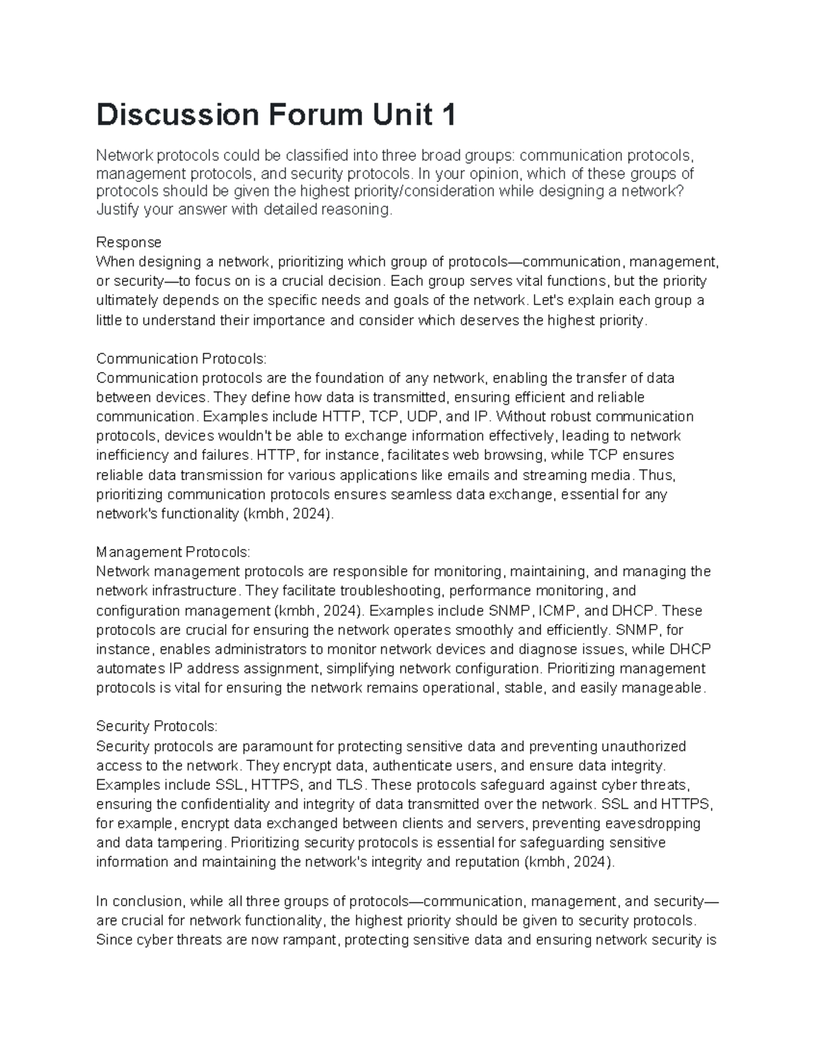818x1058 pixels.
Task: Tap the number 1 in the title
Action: (x=448, y=115)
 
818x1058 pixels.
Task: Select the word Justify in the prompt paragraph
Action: (x=117, y=209)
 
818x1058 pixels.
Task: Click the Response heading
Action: (x=129, y=243)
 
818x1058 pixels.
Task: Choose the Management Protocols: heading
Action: (x=173, y=552)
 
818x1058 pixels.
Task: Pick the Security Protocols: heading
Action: (x=157, y=726)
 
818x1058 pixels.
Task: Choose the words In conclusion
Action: (x=139, y=901)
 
